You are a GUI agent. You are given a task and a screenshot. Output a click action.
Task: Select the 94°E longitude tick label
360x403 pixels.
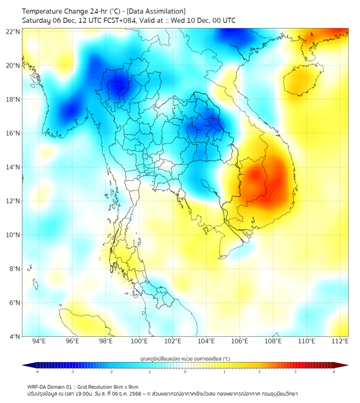tap(39, 342)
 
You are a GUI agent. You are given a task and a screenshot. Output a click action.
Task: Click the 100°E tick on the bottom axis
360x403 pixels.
tap(139, 342)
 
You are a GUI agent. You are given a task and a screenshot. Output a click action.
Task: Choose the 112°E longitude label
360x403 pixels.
tap(340, 342)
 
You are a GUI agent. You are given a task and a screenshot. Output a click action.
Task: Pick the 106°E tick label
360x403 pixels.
tap(240, 342)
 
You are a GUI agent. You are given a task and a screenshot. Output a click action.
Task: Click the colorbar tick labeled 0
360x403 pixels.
tap(185, 372)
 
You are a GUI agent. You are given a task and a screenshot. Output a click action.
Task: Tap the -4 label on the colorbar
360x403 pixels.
tap(36, 372)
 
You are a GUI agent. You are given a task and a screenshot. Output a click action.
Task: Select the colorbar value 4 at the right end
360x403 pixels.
tap(334, 372)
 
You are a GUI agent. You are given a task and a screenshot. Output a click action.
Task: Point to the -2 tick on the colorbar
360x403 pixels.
tap(111, 372)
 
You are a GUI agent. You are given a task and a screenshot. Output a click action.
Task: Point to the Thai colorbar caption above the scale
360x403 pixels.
tap(185, 359)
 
